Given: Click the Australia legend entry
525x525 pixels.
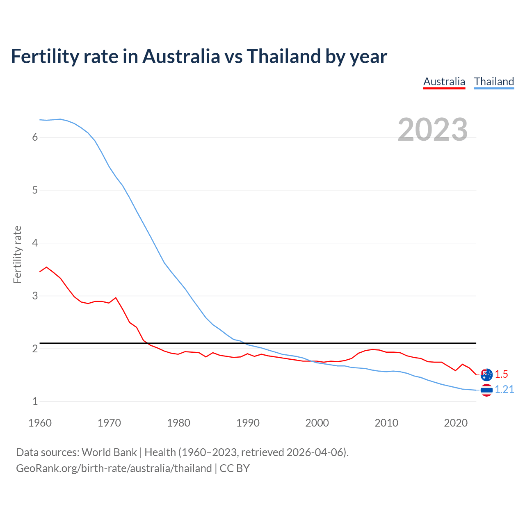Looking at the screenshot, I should [444, 82].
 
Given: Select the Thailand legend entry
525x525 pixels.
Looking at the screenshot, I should [494, 82].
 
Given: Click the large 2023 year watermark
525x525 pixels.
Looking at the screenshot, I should [433, 130].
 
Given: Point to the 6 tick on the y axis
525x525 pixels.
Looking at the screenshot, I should [35, 137].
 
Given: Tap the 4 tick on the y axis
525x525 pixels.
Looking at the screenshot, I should [35, 243].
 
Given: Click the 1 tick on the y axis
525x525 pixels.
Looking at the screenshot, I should [35, 401].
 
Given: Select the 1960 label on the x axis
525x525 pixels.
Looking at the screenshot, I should [40, 423].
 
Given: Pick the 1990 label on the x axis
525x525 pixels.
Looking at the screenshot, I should [248, 423].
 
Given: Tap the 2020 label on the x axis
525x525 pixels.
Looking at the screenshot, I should [456, 423].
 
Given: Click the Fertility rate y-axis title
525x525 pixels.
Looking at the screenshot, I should [17, 254].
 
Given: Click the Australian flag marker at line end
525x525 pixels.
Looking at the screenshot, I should [486, 374].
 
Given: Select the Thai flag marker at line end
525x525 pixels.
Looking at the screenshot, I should [486, 390].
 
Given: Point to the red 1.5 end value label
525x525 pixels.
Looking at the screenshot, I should [501, 374].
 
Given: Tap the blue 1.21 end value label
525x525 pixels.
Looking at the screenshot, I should [504, 390].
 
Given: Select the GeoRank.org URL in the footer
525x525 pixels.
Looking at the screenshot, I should [114, 468].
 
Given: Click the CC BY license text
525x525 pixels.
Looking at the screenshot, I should [235, 468].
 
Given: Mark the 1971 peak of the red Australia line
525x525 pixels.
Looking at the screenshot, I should [116, 298].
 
